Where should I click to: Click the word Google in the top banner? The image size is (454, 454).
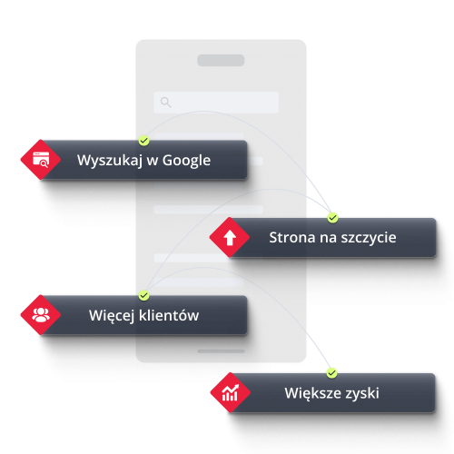[x=186, y=161]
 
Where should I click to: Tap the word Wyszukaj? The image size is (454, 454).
[x=110, y=161]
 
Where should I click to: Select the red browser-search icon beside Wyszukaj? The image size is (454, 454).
[x=41, y=160]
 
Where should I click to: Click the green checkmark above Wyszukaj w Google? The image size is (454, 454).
[x=144, y=141]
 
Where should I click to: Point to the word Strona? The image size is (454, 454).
[x=292, y=237]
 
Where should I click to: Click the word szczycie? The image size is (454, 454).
[x=369, y=238]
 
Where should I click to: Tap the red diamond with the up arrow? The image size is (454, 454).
[x=230, y=237]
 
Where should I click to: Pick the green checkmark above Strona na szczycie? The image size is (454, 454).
[x=332, y=218]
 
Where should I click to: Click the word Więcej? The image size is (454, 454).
[x=112, y=316]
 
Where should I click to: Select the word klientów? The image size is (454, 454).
[x=169, y=315]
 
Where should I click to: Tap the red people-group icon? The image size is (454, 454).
[x=41, y=315]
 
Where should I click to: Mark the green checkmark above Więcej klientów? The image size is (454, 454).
[x=144, y=295]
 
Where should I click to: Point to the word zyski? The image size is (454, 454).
[x=362, y=394]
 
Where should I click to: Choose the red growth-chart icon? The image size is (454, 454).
[x=231, y=392]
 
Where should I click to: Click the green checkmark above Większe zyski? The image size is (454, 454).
[x=332, y=373]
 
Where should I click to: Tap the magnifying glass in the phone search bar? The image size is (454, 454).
[x=165, y=102]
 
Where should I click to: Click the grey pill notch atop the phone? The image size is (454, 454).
[x=221, y=60]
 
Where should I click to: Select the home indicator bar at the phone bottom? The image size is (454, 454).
[x=221, y=351]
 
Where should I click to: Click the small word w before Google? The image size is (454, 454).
[x=153, y=162]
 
